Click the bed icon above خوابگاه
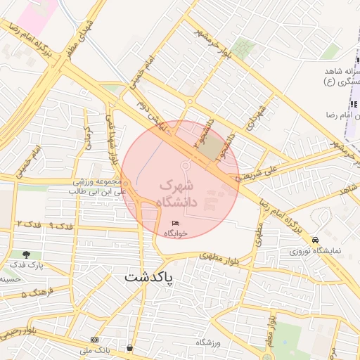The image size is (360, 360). point(176,223)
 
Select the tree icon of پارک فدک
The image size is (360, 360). point(26,254)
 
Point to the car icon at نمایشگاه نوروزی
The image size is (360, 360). point(316,240)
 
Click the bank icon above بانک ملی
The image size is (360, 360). point(95,341)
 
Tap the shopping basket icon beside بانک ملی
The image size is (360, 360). point(130,348)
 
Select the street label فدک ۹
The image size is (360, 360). point(62,226)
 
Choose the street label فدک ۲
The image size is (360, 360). point(27,223)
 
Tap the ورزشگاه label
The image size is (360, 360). point(207,342)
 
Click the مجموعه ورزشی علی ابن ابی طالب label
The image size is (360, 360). point(98,186)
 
